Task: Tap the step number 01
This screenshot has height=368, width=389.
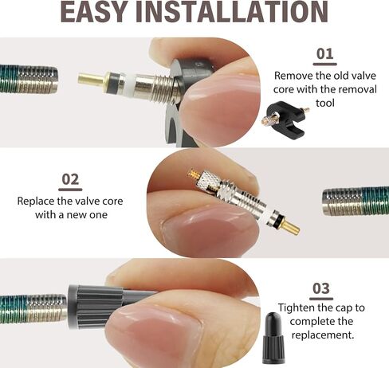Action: point(324,54)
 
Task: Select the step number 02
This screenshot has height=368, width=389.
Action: point(70,179)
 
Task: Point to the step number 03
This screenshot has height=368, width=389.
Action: point(321,288)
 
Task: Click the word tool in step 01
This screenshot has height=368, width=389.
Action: point(324,103)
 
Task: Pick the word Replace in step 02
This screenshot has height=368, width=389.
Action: point(36,202)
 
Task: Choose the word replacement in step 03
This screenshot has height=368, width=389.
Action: point(323,335)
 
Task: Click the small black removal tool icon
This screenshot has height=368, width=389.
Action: point(285,119)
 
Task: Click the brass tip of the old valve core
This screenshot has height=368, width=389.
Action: point(91,79)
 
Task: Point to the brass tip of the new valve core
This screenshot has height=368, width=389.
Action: point(290,227)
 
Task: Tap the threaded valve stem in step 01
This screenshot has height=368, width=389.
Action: point(29,80)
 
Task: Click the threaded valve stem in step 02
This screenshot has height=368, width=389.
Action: point(356,201)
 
